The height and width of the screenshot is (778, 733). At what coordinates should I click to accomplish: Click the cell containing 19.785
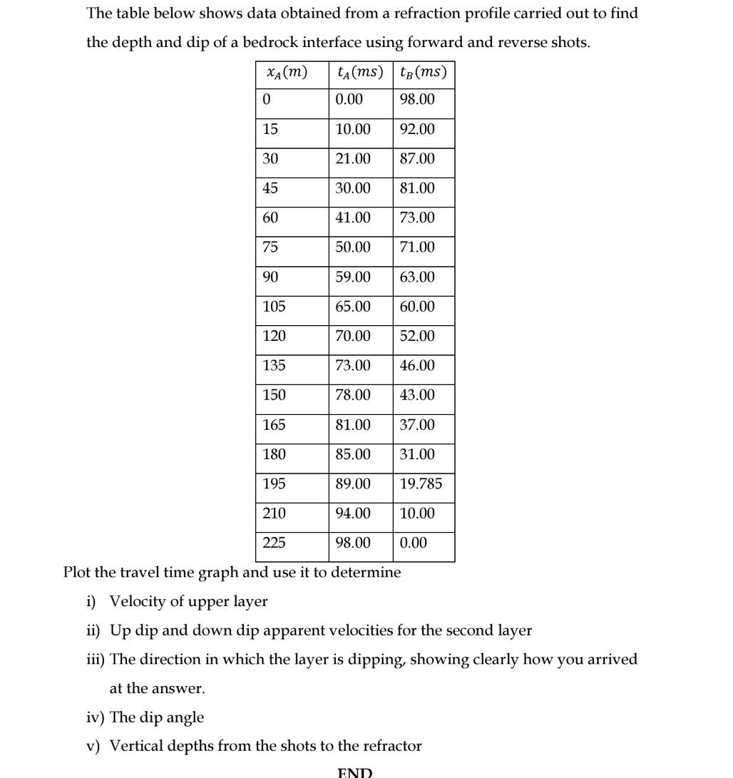click(x=421, y=484)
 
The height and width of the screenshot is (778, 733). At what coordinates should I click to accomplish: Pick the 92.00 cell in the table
click(x=417, y=130)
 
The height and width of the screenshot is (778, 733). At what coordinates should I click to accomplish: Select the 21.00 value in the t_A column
click(x=353, y=159)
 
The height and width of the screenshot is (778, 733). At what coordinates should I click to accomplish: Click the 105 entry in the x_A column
click(x=274, y=307)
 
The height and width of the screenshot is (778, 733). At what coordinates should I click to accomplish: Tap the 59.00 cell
click(x=353, y=277)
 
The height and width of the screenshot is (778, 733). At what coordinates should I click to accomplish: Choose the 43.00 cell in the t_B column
click(x=417, y=395)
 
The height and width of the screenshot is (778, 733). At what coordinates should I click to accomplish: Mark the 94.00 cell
click(x=353, y=513)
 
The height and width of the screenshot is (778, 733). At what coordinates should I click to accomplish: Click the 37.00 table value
click(x=417, y=425)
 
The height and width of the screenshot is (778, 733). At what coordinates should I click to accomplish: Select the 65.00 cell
click(x=353, y=307)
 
